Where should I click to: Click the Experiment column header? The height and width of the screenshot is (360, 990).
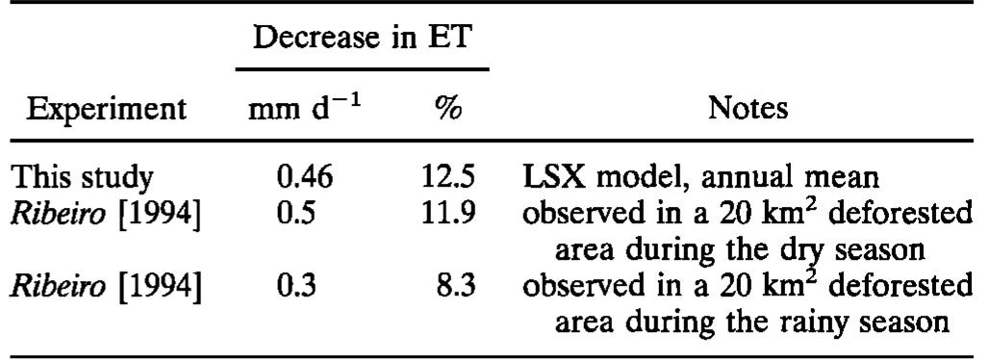pyautogui.click(x=106, y=108)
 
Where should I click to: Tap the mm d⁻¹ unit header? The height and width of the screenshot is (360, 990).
pyautogui.click(x=304, y=108)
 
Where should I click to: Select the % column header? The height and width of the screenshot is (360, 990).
pyautogui.click(x=447, y=108)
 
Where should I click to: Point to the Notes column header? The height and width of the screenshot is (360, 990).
pyautogui.click(x=748, y=108)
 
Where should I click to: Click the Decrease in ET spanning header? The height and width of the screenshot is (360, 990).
pyautogui.click(x=362, y=39)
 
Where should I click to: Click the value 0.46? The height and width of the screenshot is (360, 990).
pyautogui.click(x=304, y=178)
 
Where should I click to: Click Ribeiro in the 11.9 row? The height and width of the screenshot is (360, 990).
pyautogui.click(x=59, y=215)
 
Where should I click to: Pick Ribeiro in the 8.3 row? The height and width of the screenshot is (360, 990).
pyautogui.click(x=59, y=288)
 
